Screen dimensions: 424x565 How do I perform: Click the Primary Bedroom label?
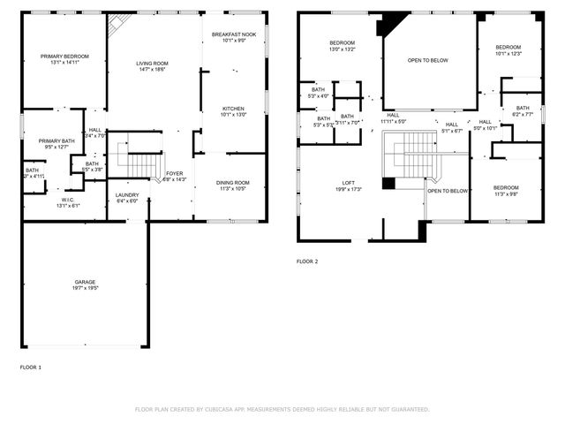tap(64, 56)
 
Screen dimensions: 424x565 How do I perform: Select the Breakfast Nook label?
tap(234, 34)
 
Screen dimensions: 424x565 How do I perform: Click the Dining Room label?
tap(234, 183)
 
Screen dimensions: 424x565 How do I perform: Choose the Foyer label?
tap(175, 174)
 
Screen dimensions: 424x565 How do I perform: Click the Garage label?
tap(85, 283)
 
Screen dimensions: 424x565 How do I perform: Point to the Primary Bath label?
tap(54, 141)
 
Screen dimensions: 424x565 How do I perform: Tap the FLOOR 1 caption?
tap(31, 367)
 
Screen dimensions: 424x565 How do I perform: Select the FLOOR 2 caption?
tap(306, 261)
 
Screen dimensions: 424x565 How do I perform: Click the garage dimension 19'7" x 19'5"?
tap(85, 288)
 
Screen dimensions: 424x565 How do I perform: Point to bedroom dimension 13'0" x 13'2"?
tap(342, 49)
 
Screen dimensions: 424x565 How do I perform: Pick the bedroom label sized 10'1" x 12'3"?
tap(508, 47)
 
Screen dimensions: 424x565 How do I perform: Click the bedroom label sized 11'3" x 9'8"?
tap(505, 187)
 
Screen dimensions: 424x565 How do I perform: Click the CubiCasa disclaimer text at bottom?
tap(282, 409)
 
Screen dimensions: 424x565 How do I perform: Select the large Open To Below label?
tap(427, 60)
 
